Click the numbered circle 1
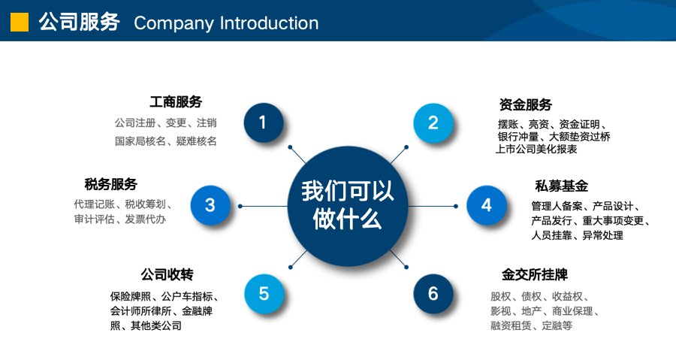pyautogui.click(x=264, y=123)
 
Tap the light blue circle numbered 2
pyautogui.click(x=433, y=123)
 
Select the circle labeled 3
pyautogui.click(x=210, y=205)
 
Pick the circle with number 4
pyautogui.click(x=486, y=205)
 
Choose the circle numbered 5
pyautogui.click(x=264, y=294)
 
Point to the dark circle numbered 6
pyautogui.click(x=433, y=294)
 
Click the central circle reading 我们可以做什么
pyautogui.click(x=348, y=206)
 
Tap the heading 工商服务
pyautogui.click(x=176, y=102)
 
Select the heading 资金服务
pyautogui.click(x=526, y=104)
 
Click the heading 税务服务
pyautogui.click(x=111, y=185)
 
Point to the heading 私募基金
pyautogui.click(x=561, y=186)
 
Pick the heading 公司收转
pyautogui.click(x=167, y=274)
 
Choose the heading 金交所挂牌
pyautogui.click(x=535, y=274)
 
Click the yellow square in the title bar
pyautogui.click(x=20, y=23)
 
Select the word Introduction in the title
pyautogui.click(x=270, y=23)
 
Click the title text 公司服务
pyautogui.click(x=79, y=22)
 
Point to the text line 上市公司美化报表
pyautogui.click(x=536, y=149)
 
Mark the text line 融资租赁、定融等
pyautogui.click(x=531, y=326)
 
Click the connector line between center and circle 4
pyautogui.click(x=432, y=206)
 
